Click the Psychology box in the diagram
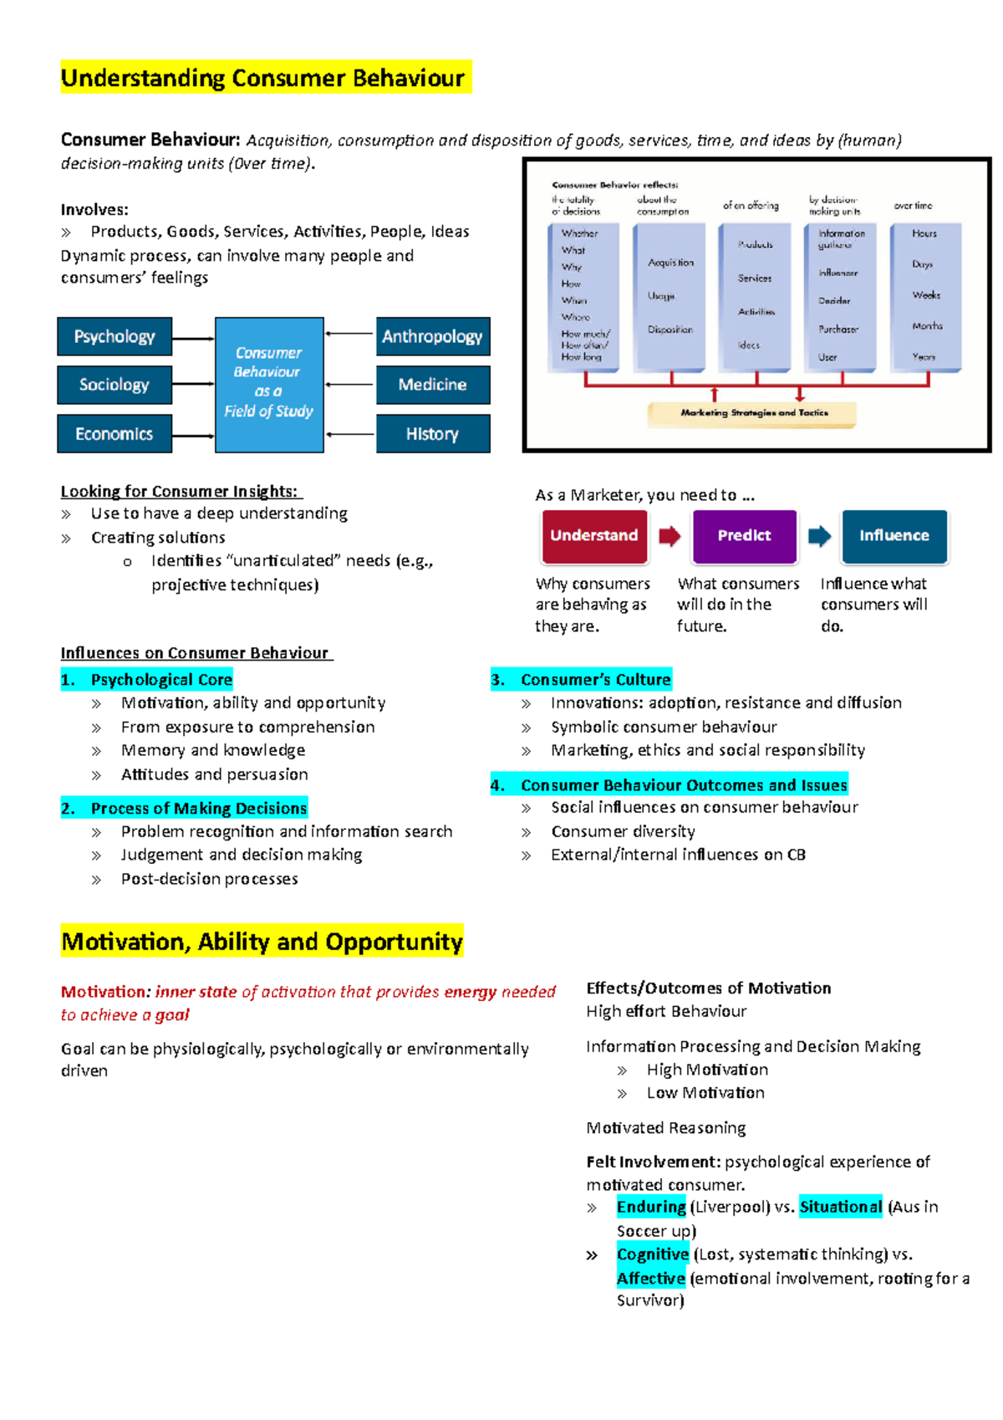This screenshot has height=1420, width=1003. (115, 337)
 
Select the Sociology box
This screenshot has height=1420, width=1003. (115, 385)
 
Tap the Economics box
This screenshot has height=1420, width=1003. (115, 434)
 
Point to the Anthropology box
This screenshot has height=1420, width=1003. (432, 337)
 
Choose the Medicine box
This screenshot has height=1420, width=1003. (432, 385)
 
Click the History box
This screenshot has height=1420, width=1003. (432, 434)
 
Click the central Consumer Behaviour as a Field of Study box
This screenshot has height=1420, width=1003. (269, 385)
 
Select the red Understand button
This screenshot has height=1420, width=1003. (594, 536)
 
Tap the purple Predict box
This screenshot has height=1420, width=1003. (744, 536)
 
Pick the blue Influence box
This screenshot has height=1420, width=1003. (894, 536)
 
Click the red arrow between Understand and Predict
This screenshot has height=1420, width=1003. (670, 536)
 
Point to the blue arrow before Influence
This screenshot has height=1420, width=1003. (819, 536)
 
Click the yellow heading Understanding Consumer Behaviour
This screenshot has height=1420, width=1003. (263, 78)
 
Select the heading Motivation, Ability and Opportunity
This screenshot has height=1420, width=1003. (262, 942)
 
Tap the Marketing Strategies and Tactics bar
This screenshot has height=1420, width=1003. (752, 413)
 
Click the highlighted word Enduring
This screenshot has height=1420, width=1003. (651, 1207)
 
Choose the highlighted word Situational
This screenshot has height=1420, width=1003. (840, 1207)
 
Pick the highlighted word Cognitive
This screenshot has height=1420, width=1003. (652, 1254)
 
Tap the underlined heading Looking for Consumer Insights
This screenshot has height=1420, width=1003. (181, 492)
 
